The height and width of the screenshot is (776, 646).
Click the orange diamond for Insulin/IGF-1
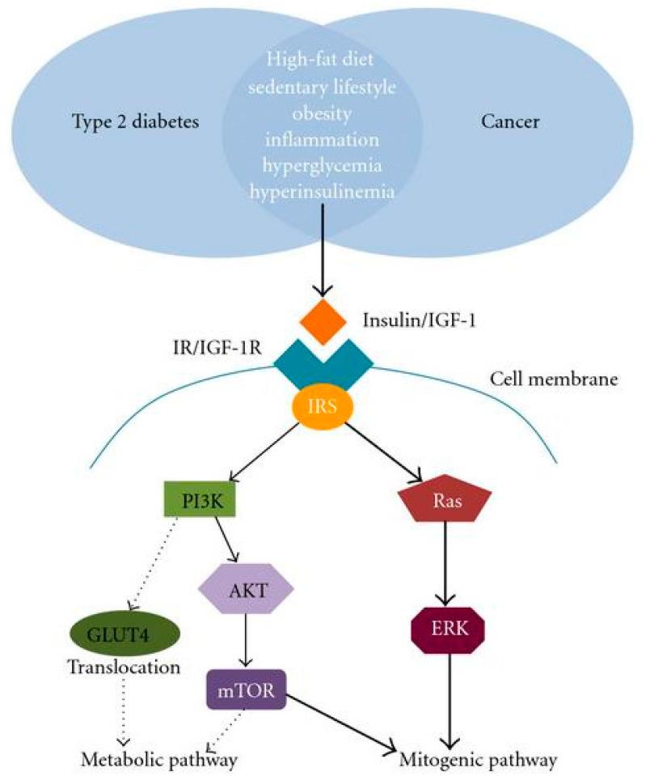tap(323, 320)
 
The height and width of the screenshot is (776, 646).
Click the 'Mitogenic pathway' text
tap(478, 760)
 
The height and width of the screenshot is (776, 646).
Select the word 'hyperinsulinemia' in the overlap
tap(323, 192)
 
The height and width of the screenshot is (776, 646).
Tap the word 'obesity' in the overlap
tap(323, 113)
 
